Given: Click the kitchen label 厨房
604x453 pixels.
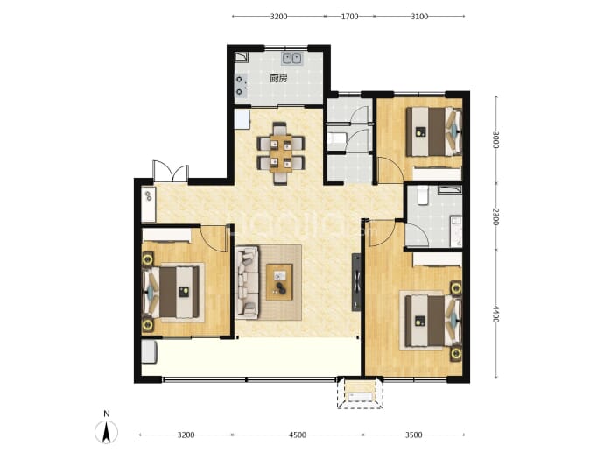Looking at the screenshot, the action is click(278, 79).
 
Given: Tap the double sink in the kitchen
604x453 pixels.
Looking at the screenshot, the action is click(292, 59).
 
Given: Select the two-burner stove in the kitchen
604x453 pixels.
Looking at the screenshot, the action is click(241, 85).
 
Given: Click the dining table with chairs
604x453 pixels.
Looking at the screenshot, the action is click(281, 153).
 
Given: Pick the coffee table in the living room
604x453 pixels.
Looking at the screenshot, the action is click(279, 282).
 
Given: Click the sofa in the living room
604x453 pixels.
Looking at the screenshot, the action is click(247, 283).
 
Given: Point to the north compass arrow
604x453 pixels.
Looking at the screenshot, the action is click(107, 432).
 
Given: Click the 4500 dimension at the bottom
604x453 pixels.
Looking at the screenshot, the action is click(298, 435).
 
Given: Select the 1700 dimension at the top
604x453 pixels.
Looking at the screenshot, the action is click(350, 16).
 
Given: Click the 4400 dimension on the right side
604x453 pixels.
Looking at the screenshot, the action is click(495, 314).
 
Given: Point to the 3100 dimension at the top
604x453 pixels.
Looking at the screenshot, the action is click(419, 16).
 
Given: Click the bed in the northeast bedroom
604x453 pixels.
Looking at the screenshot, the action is click(434, 131).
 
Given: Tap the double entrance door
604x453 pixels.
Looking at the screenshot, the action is click(171, 172).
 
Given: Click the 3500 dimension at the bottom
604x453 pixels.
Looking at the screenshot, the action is click(413, 435).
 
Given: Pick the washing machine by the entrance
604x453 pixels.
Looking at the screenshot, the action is click(148, 204).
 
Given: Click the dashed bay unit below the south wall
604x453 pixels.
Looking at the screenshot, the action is click(360, 393).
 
